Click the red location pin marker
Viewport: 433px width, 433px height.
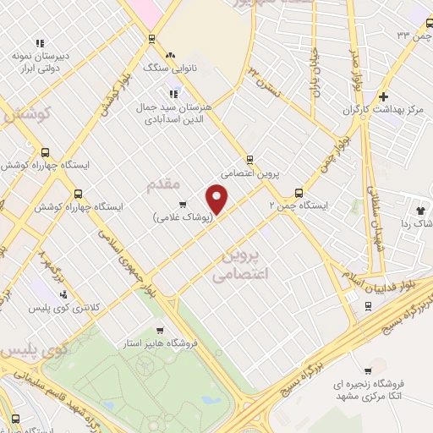coord(217,199)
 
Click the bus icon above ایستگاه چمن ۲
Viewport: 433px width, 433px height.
coord(297,191)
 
